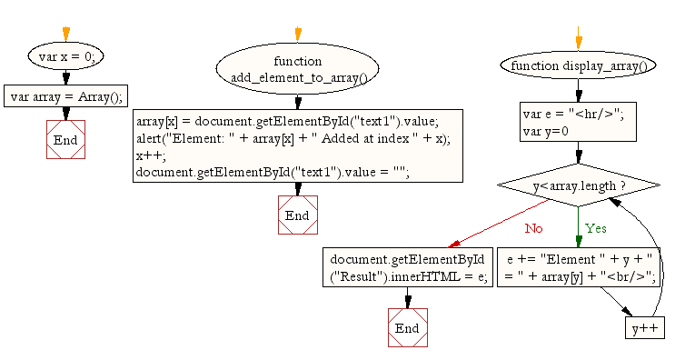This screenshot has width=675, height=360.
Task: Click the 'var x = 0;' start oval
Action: tap(65, 56)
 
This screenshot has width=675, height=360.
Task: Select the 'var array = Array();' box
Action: tap(65, 95)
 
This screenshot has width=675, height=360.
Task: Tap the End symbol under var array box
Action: tap(65, 140)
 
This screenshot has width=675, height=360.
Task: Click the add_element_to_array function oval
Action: tap(297, 69)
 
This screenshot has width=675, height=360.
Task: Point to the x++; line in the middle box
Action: tap(144, 155)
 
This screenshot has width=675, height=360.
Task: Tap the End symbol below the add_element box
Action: tap(297, 215)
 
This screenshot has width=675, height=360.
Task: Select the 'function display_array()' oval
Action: tap(578, 65)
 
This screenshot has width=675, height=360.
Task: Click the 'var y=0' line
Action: tap(545, 132)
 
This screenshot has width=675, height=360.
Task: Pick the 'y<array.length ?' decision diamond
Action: tap(578, 185)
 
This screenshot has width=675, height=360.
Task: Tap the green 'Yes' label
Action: tap(595, 227)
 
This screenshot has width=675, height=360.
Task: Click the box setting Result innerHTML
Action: tap(407, 267)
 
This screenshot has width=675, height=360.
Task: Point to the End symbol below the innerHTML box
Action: tap(407, 327)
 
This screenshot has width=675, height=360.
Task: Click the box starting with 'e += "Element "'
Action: tap(578, 267)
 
